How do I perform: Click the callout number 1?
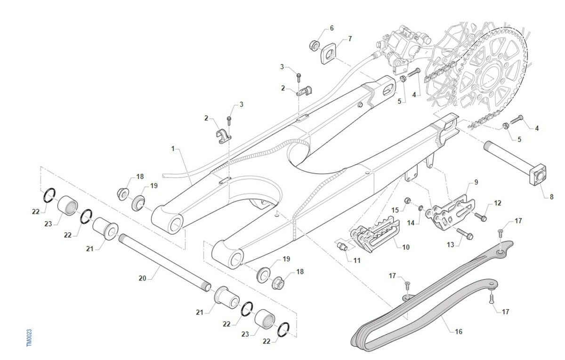pos(173,148)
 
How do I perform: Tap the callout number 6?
pos(331,28)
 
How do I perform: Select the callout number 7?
pos(350,39)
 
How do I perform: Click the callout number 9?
pos(476,181)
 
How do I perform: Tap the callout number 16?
pos(459,332)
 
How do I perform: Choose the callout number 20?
pos(143,278)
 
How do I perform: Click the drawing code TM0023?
pos(30,338)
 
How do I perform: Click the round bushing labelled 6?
pos(313,46)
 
